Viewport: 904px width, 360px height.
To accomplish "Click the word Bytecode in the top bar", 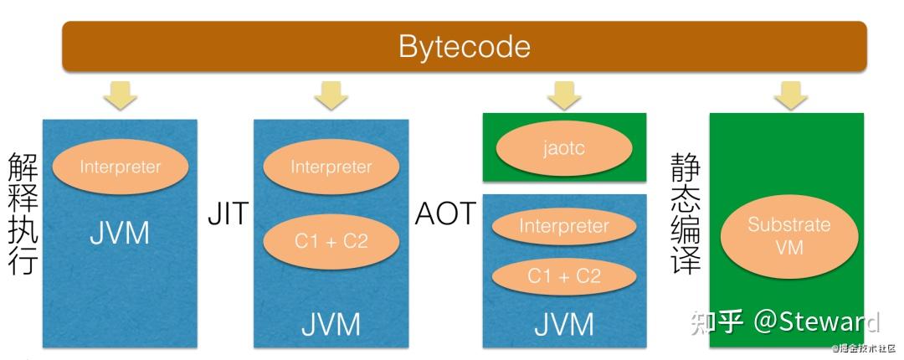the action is tap(464, 47).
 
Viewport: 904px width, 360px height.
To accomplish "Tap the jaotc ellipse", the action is tap(564, 148).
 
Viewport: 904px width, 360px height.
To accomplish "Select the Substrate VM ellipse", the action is tap(789, 237).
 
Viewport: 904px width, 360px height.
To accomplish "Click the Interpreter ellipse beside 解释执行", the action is tap(120, 167).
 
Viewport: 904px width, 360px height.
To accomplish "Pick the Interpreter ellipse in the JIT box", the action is tap(331, 167).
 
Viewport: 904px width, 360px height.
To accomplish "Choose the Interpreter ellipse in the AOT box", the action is tap(564, 226).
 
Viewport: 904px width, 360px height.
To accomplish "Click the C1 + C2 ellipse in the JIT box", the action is tap(331, 241).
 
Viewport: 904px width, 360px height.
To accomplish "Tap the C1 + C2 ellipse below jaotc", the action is tap(564, 277).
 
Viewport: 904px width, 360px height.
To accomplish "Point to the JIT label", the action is tap(228, 214).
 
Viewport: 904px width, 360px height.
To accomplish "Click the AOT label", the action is tap(445, 214).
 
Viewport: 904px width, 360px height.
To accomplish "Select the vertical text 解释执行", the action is tap(23, 213).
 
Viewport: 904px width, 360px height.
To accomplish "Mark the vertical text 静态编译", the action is tap(685, 213).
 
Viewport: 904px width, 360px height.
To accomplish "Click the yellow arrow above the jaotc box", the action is tap(564, 95).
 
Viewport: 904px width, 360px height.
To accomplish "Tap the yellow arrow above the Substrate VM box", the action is tap(790, 95).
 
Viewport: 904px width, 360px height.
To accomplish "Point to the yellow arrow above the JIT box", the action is tap(331, 95).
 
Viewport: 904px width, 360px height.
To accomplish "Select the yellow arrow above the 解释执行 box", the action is tap(120, 95).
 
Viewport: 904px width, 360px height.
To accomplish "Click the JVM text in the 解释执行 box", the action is tap(120, 234).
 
